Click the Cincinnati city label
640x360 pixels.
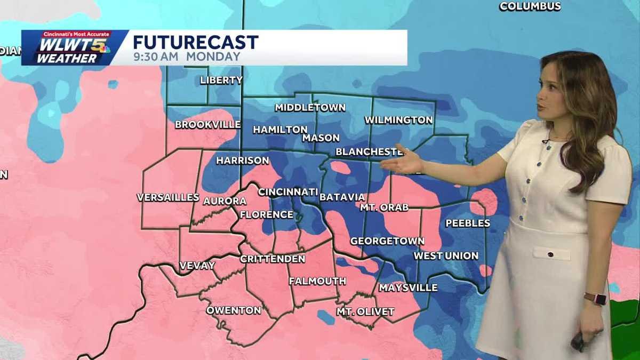[288, 192]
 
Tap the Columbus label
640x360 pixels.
[530, 6]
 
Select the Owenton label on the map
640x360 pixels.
[234, 310]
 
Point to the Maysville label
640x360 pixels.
[408, 288]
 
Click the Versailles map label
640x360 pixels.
[168, 197]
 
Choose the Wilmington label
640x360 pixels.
[398, 120]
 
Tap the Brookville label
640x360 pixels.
[207, 125]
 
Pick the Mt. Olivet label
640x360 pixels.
[365, 312]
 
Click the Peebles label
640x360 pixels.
[468, 223]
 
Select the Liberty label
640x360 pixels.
[221, 81]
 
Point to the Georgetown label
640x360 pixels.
[387, 241]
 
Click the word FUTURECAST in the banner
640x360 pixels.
[196, 42]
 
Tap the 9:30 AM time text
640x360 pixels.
[155, 57]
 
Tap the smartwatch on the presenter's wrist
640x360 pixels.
[595, 299]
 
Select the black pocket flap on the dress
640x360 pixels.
[551, 252]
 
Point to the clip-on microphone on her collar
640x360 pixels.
[545, 141]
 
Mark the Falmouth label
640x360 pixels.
[317, 281]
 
